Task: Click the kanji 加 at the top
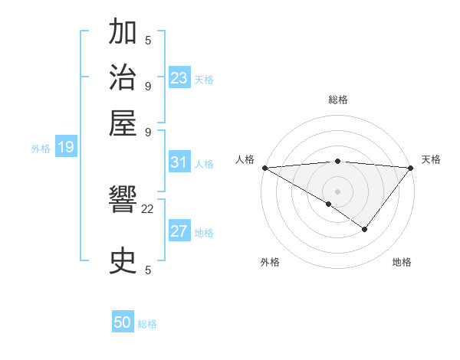pyautogui.click(x=123, y=33)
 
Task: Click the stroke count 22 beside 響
pyautogui.click(x=148, y=208)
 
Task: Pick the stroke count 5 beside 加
pyautogui.click(x=148, y=41)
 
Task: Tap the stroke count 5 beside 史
pyautogui.click(x=148, y=270)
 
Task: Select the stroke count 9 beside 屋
pyautogui.click(x=148, y=130)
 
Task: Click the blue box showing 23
pyautogui.click(x=179, y=78)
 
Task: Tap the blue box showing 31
pyautogui.click(x=179, y=162)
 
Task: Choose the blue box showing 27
pyautogui.click(x=179, y=232)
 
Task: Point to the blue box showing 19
pyautogui.click(x=66, y=148)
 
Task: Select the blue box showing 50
pyautogui.click(x=123, y=323)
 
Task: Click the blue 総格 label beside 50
pyautogui.click(x=148, y=324)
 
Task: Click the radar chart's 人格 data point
pyautogui.click(x=264, y=168)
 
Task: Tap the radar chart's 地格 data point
pyautogui.click(x=365, y=229)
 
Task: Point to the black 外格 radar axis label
pyautogui.click(x=270, y=262)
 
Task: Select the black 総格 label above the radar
pyautogui.click(x=337, y=100)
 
